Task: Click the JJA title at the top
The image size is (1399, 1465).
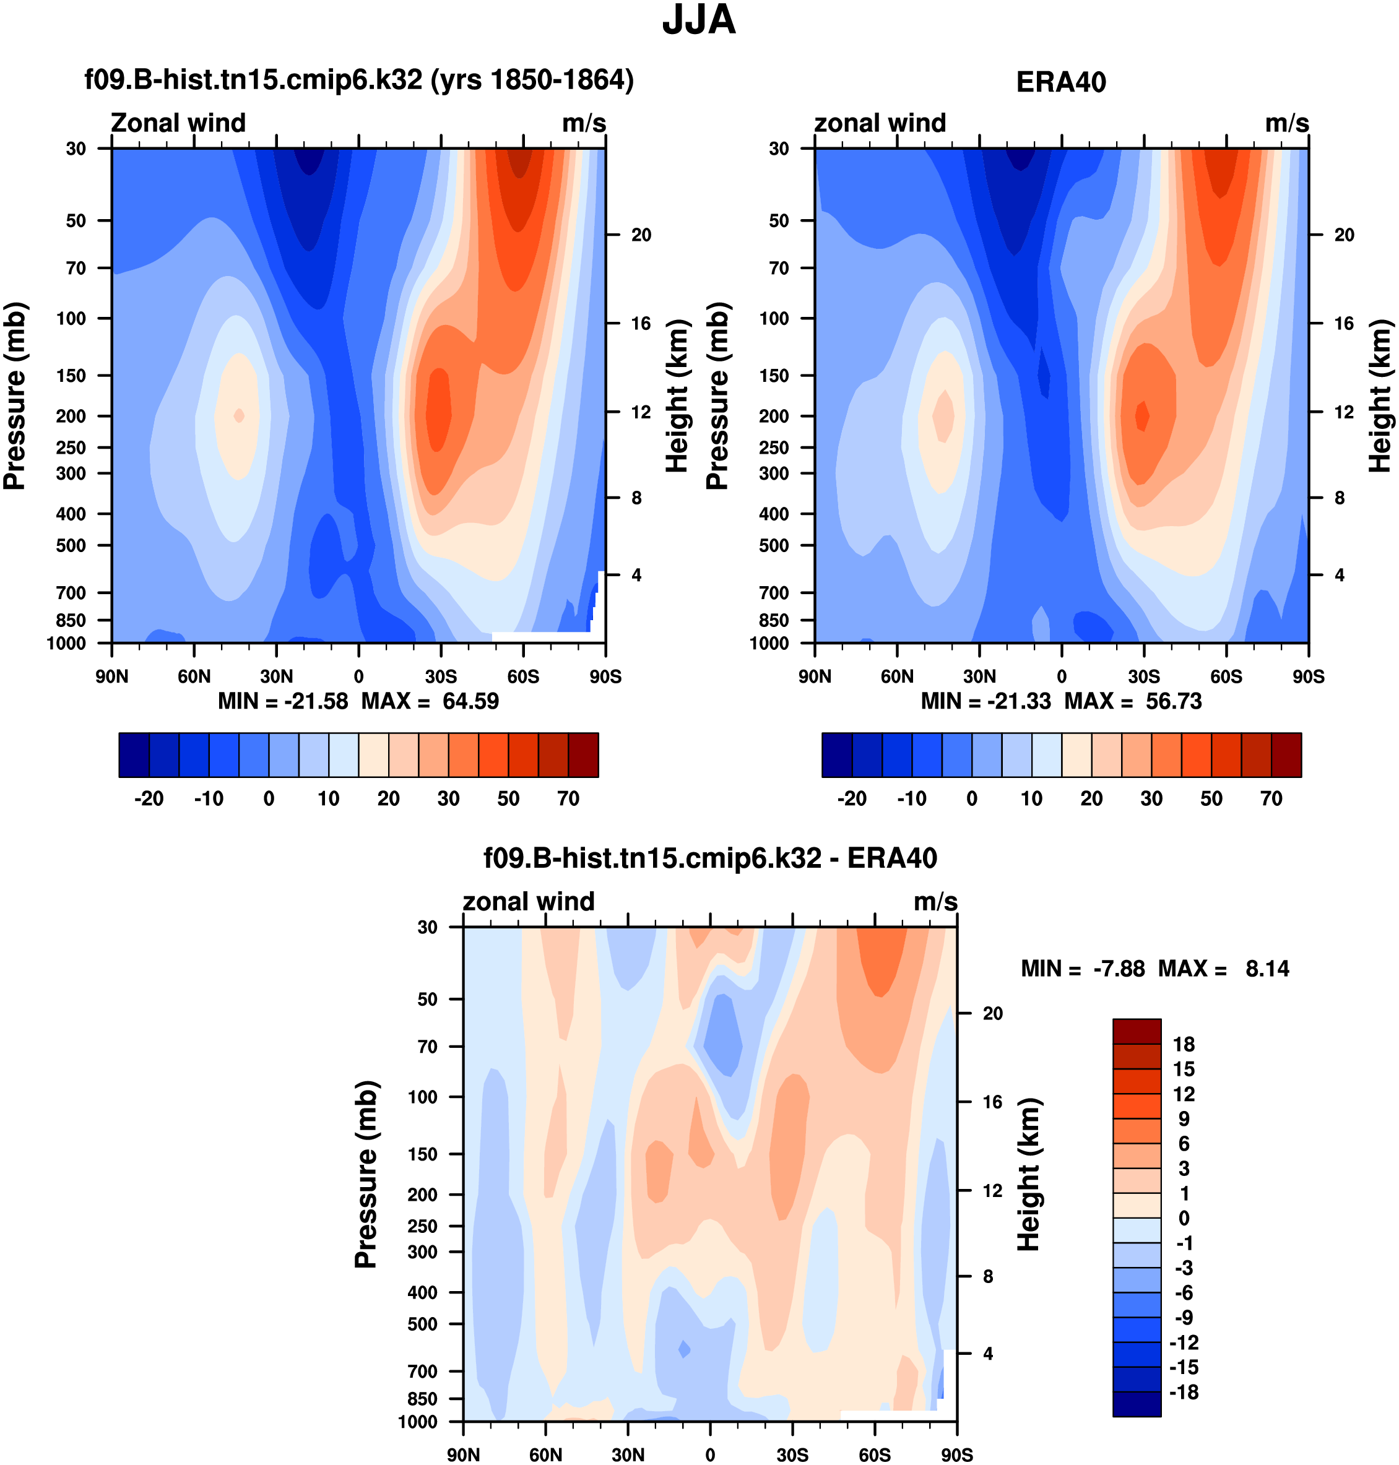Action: point(699,20)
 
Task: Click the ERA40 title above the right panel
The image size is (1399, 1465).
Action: point(1060,82)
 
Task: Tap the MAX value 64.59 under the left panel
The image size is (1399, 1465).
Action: point(470,702)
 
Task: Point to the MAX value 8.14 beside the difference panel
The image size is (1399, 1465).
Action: point(1267,969)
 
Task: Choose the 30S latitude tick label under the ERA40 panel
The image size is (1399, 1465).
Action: point(1143,677)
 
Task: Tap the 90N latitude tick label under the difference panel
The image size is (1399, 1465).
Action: point(463,1455)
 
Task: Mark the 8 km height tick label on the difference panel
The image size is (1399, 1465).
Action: point(988,1277)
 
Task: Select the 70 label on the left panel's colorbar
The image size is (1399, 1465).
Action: point(568,799)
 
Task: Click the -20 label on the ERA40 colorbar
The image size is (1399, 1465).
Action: point(852,799)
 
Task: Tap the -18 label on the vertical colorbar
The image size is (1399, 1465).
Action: point(1183,1393)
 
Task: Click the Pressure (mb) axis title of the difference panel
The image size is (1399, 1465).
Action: point(365,1174)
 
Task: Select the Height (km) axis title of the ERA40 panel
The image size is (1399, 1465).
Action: point(1380,396)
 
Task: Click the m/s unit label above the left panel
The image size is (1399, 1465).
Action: point(584,123)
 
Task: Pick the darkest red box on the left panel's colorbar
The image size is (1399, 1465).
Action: point(583,755)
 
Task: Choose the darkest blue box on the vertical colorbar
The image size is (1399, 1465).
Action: point(1137,1404)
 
